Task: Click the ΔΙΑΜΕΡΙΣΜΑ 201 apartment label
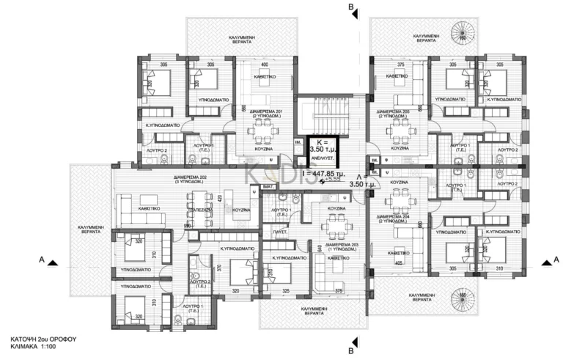pyautogui.click(x=265, y=111)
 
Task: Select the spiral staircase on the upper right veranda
pyautogui.click(x=463, y=32)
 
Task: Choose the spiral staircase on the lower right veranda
pyautogui.click(x=462, y=298)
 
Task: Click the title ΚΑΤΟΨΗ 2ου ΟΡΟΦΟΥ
pyautogui.click(x=43, y=339)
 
